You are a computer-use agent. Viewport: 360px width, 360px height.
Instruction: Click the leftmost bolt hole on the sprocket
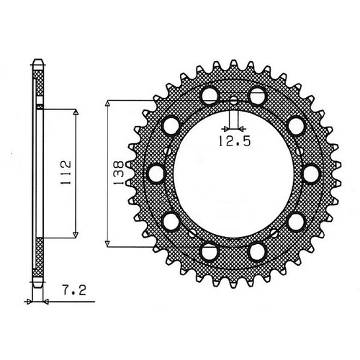(x=155, y=173)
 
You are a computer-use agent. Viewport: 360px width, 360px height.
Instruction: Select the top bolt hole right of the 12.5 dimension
(x=257, y=94)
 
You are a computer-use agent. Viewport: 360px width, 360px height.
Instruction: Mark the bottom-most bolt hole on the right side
(x=257, y=251)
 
